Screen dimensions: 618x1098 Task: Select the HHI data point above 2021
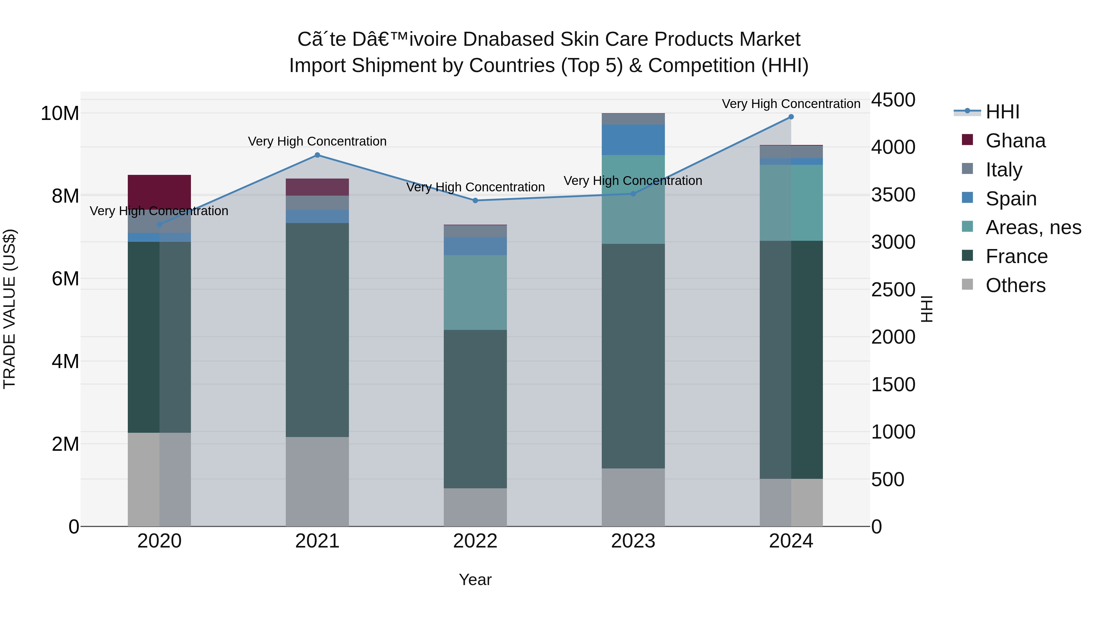317,155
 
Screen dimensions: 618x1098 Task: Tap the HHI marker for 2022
475,201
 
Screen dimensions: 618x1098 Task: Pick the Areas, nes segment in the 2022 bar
475,293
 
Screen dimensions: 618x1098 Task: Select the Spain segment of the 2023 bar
633,140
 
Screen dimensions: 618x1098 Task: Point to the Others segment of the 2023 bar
633,497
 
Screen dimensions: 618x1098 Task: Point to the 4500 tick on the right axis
893,100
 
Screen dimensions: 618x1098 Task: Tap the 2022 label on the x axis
475,541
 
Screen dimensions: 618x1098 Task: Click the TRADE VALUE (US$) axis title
9,309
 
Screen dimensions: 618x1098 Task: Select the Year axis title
475,580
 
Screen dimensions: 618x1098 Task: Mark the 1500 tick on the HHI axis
893,385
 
